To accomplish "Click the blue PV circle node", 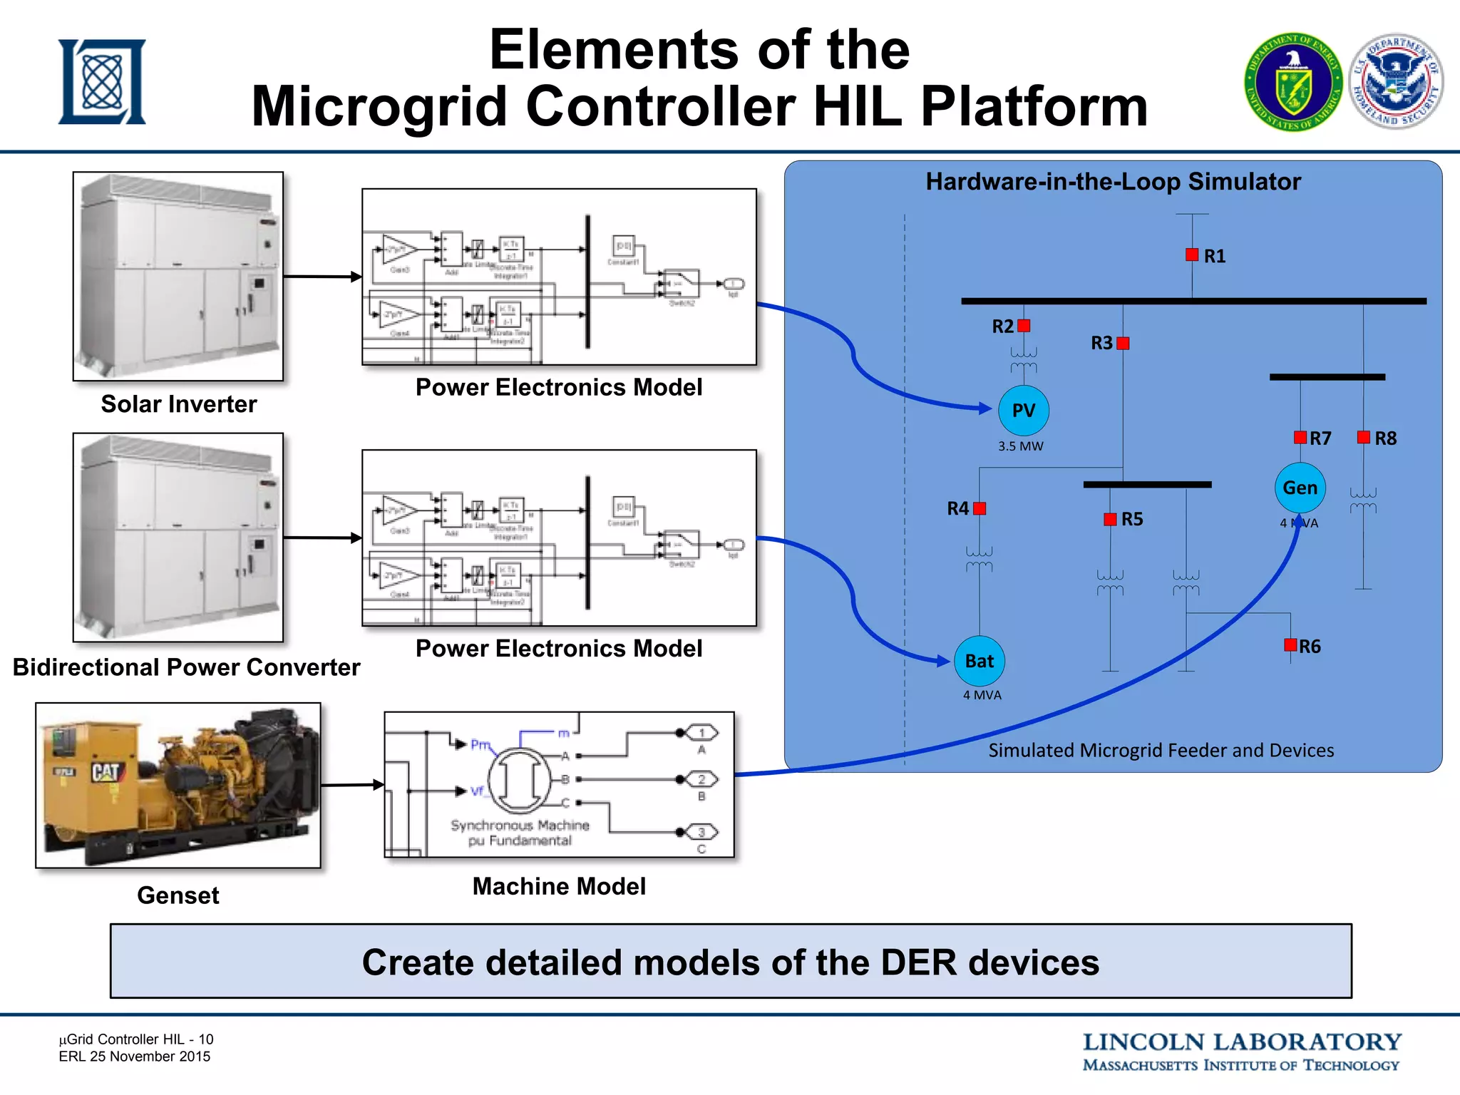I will [1023, 411].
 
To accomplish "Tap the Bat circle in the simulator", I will [980, 661].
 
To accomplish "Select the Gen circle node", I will [1300, 488].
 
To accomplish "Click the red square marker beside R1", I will [1192, 255].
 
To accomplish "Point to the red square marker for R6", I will [1290, 645].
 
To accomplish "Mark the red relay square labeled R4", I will [980, 508].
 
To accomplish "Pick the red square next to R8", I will [1364, 437].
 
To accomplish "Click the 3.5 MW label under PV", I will [1020, 446].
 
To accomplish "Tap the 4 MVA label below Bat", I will [982, 695].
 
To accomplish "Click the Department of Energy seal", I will [1293, 82].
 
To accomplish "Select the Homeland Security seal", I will [1396, 82].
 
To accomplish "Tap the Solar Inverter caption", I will [178, 404].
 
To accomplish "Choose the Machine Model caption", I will [559, 886].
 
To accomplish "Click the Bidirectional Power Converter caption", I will [186, 667].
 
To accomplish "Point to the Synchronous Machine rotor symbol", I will [520, 781].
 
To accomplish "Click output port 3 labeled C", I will [701, 832].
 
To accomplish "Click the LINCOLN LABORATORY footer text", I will [1241, 1042].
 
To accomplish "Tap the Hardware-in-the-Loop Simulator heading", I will [1113, 182].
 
